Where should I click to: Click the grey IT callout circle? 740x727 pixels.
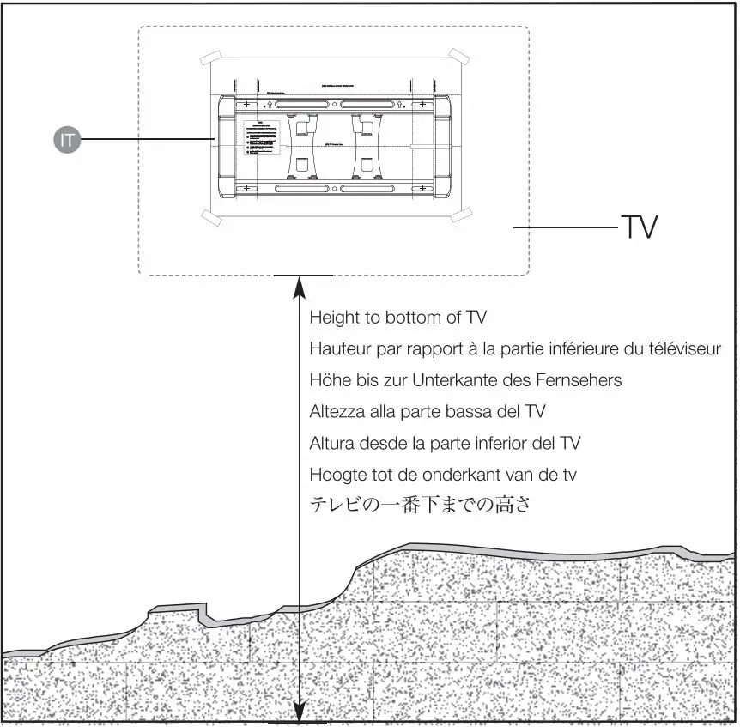click(x=67, y=140)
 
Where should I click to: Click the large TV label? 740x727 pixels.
click(x=639, y=227)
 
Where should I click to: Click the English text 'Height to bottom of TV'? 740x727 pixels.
click(x=397, y=318)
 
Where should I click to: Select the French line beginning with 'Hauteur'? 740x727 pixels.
click(x=515, y=349)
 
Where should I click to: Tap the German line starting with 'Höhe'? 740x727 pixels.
click(x=465, y=380)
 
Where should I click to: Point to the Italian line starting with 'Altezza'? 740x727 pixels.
click(x=427, y=412)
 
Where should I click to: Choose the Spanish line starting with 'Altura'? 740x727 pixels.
click(x=445, y=443)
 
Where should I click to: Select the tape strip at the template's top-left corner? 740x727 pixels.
click(x=211, y=59)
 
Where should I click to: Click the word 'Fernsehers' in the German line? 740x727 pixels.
click(x=583, y=380)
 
